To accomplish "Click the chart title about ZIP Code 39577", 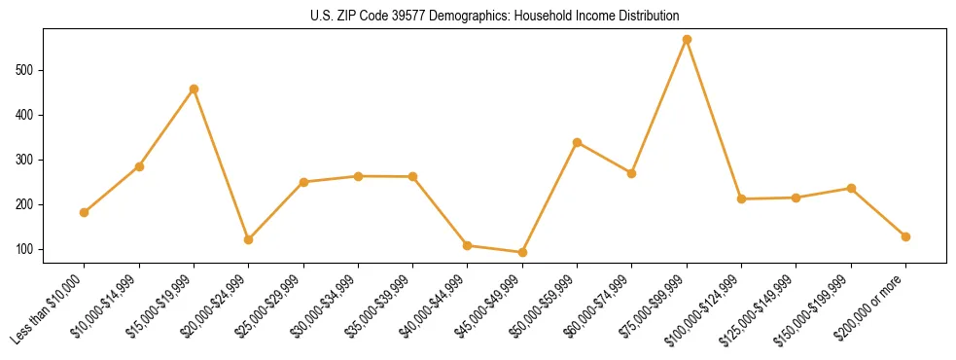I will point(495,17).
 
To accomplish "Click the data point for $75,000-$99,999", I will point(687,40).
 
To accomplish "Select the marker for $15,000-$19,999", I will point(195,89).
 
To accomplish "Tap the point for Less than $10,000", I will point(85,212).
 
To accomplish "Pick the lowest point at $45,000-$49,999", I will point(522,252).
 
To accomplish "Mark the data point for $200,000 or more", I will point(905,236).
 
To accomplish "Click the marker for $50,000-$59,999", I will point(577,142).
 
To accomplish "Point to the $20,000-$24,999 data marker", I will point(249,239).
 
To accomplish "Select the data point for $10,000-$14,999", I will point(139,166).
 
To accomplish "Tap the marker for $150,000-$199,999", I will point(851,188).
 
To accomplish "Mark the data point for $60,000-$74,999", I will point(631,173).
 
